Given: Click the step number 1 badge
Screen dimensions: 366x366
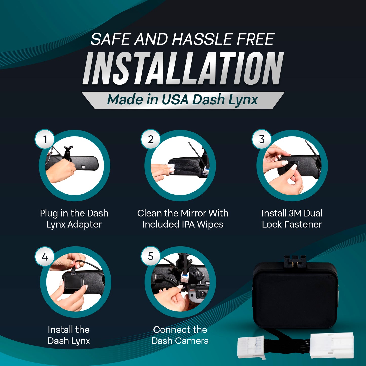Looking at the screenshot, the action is click(45, 139).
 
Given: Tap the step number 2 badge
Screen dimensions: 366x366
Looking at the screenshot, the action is click(151, 139).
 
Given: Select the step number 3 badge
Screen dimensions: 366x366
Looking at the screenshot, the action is click(262, 139).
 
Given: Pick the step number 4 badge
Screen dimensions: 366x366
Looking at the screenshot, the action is click(45, 257).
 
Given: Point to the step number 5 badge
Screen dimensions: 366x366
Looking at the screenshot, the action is click(151, 256).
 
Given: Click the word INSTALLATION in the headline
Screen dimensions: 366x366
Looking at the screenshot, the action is click(183, 68).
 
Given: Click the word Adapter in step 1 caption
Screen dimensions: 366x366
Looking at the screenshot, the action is click(85, 225).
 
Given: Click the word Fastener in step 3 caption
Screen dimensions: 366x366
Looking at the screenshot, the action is click(303, 224).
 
